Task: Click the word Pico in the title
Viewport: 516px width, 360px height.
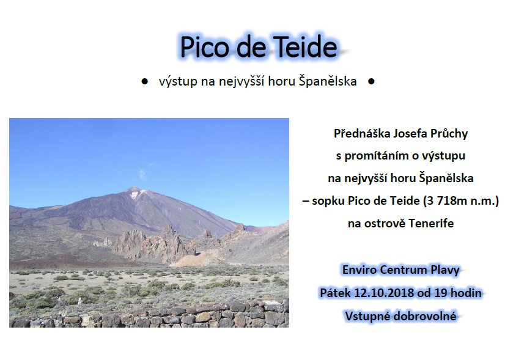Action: pyautogui.click(x=204, y=46)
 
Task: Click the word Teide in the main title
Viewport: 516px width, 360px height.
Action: pyautogui.click(x=305, y=46)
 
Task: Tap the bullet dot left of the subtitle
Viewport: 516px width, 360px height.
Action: pyautogui.click(x=144, y=82)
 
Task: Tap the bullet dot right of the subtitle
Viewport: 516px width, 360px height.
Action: pyautogui.click(x=371, y=82)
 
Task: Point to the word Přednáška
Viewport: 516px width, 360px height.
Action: pyautogui.click(x=358, y=133)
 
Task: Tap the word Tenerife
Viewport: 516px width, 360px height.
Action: pyautogui.click(x=431, y=224)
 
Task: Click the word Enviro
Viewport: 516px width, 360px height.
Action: pyautogui.click(x=359, y=270)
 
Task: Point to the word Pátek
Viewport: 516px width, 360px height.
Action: pyautogui.click(x=335, y=293)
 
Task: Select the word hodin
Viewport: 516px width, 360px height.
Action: pyautogui.click(x=466, y=293)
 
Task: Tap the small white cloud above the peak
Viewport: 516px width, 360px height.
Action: pyautogui.click(x=142, y=174)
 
